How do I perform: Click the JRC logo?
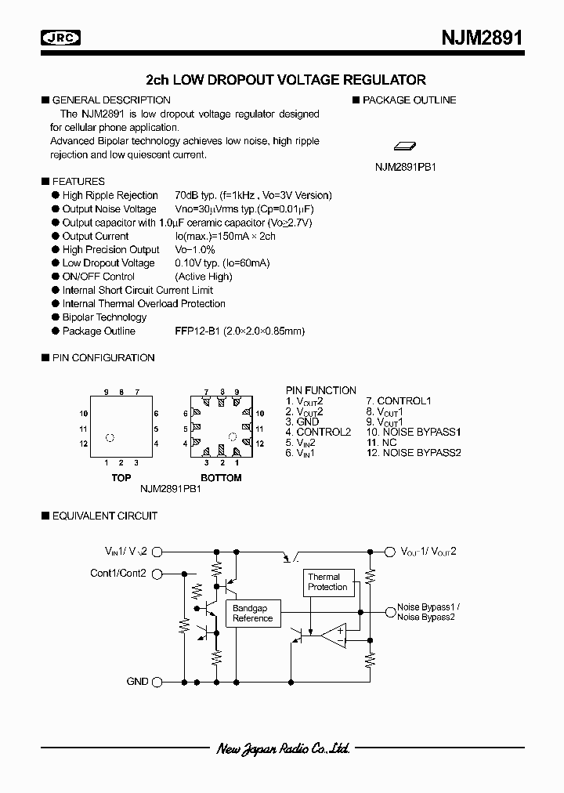tap(63, 37)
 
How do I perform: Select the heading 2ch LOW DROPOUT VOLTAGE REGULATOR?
tap(286, 79)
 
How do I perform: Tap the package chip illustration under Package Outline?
tap(405, 146)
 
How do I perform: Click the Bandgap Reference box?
tap(252, 614)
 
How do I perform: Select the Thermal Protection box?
tap(327, 582)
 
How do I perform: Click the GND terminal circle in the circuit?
tap(157, 683)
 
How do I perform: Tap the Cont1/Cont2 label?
tap(118, 573)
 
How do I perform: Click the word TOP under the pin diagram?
tap(121, 477)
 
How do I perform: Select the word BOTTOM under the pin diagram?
tap(222, 477)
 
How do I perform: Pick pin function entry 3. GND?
tap(302, 422)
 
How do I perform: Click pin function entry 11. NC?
tap(381, 442)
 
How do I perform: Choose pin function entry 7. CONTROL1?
tap(399, 401)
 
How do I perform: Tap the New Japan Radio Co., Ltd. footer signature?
tap(283, 749)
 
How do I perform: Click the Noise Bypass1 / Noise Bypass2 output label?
tap(428, 612)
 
